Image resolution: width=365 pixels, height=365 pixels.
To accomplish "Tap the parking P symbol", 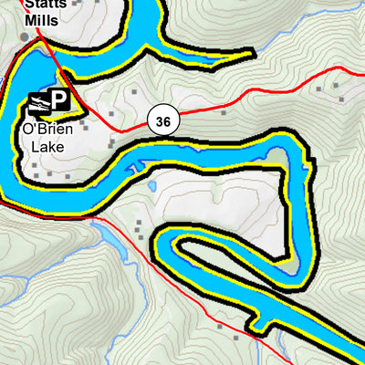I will pos(60,101).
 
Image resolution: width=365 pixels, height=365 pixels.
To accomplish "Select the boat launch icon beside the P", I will pos(38,102).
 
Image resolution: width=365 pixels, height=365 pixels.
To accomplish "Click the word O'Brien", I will pos(45,129).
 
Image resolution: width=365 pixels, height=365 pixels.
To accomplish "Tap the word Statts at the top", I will pos(42,4).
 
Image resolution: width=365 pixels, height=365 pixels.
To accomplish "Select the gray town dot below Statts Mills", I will pos(25,36).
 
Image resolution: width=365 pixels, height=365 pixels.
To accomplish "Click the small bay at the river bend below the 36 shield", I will pos(137,169).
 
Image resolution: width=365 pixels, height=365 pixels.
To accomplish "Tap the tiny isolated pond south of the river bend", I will pos(151,186).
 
